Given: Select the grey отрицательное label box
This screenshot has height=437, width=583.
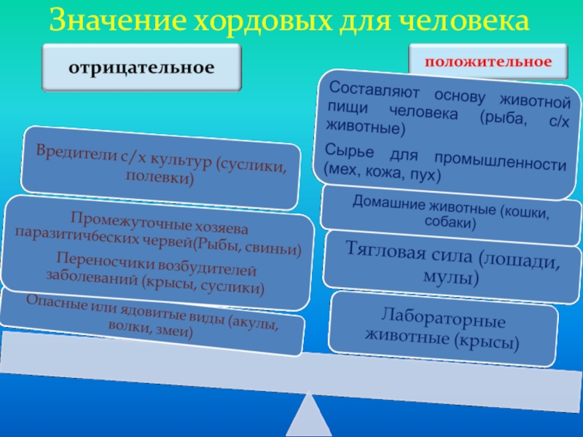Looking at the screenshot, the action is (x=141, y=68).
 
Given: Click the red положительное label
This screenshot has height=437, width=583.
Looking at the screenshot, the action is (x=488, y=61).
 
